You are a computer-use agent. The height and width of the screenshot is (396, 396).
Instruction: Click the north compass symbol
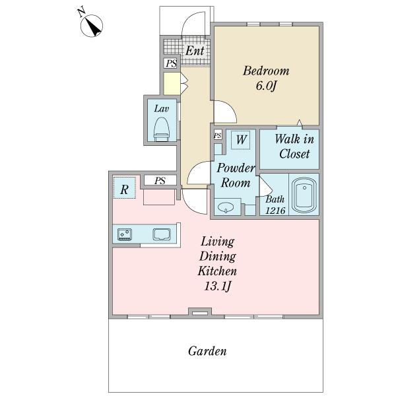click(x=92, y=26)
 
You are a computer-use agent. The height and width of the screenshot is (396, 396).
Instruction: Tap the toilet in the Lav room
click(x=161, y=129)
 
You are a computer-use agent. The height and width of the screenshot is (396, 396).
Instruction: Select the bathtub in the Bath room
click(x=304, y=195)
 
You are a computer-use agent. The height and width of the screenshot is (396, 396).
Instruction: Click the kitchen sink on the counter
click(x=162, y=234)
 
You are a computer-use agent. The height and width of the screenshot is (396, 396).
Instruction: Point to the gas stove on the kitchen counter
click(x=125, y=234)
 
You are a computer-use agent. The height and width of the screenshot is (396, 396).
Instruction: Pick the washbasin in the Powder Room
click(x=226, y=207)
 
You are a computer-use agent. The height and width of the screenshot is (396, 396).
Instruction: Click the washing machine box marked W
click(x=241, y=140)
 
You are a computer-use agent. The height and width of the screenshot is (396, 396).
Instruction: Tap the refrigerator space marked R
click(x=124, y=187)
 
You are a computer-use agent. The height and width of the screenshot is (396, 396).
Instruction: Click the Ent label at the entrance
click(x=195, y=51)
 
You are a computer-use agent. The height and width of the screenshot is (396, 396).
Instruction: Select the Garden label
click(x=207, y=351)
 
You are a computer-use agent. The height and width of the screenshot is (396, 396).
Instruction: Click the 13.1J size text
click(x=217, y=286)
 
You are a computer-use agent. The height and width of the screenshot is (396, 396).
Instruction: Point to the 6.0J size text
click(x=266, y=86)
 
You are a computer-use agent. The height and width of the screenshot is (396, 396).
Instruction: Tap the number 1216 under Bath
click(x=275, y=210)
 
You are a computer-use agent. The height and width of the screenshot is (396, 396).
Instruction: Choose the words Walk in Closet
click(x=294, y=147)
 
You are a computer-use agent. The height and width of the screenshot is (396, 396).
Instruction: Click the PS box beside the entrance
click(x=172, y=63)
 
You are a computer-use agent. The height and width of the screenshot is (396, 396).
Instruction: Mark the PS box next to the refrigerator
click(x=160, y=181)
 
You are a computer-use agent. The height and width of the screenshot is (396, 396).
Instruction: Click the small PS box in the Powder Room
click(x=218, y=135)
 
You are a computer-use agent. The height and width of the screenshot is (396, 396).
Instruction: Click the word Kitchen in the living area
click(x=217, y=271)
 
